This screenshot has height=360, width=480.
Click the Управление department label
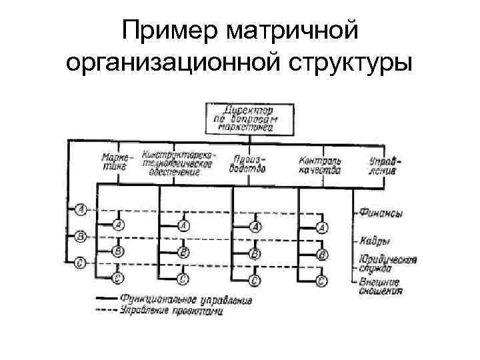coord(385,164)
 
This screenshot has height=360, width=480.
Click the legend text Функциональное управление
coord(186,300)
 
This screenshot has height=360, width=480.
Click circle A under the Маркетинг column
coord(118,225)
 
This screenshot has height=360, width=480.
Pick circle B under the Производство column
coord(254,253)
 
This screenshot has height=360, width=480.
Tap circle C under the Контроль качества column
coord(321,280)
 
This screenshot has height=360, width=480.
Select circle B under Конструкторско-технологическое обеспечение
coord(183,253)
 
